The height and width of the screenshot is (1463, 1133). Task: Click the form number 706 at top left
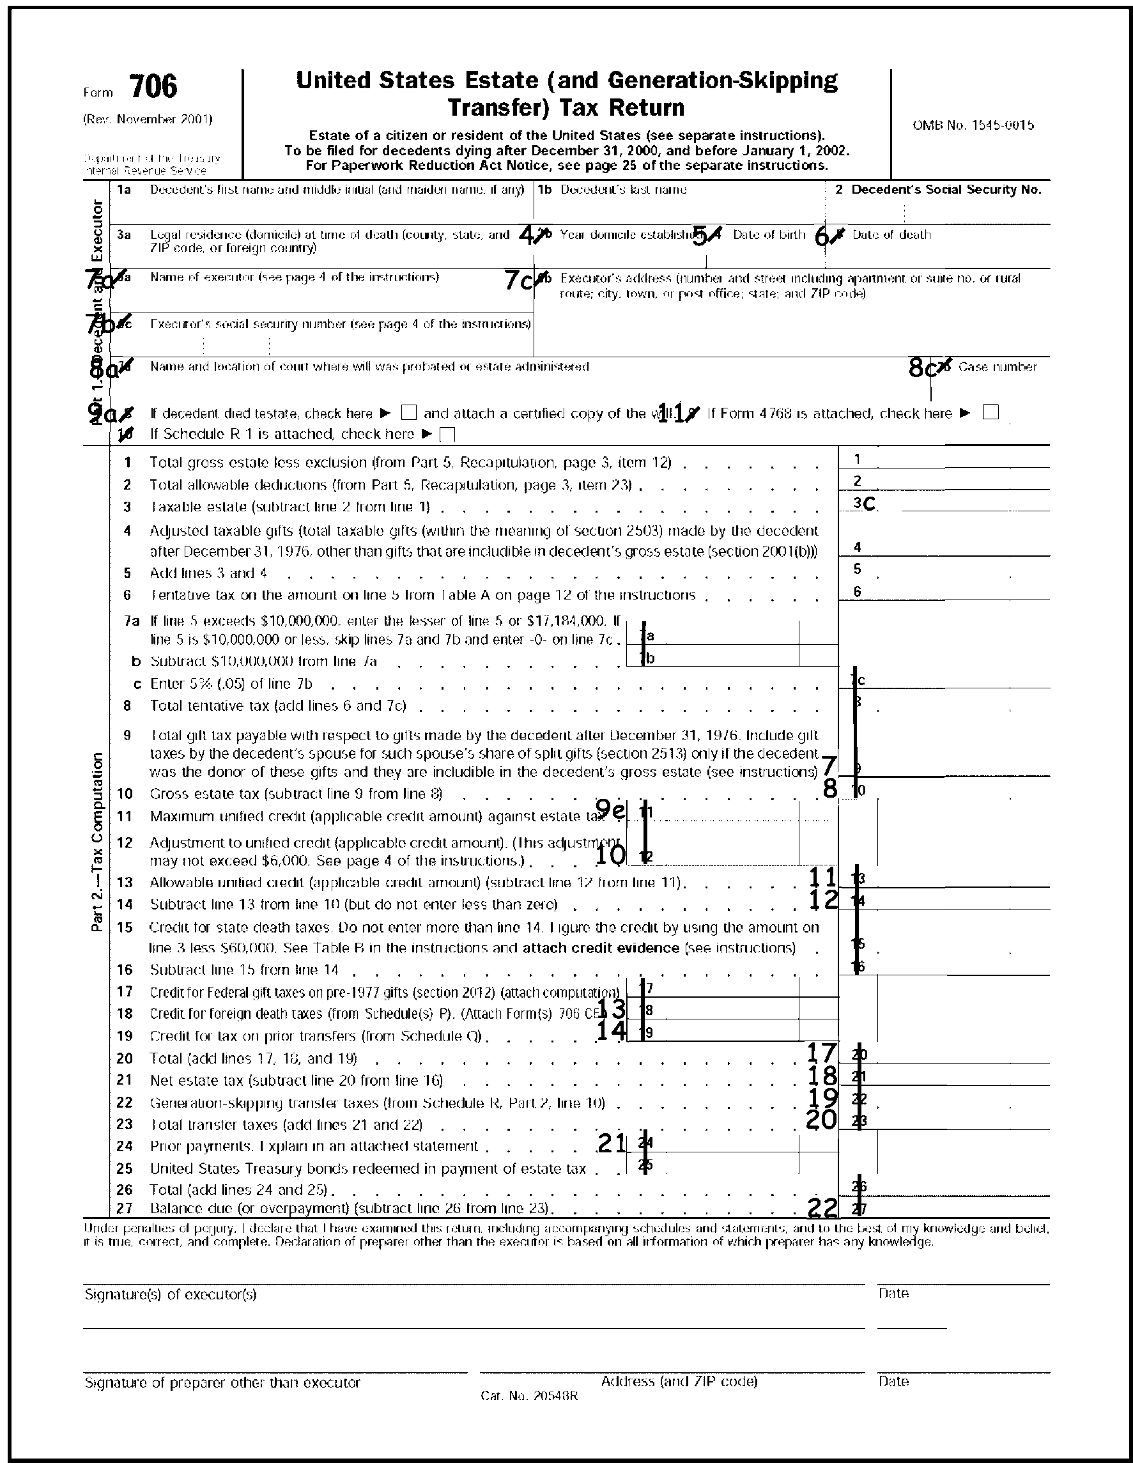(153, 87)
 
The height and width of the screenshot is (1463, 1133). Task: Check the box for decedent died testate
(408, 413)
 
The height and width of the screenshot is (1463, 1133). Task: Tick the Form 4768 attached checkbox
(991, 412)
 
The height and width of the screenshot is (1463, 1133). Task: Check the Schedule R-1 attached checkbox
(448, 434)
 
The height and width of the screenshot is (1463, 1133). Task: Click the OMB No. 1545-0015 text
(973, 125)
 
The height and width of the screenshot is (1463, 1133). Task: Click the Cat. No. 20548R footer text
(529, 1396)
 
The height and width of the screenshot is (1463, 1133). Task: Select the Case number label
(997, 366)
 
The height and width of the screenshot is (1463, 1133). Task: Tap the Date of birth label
(769, 235)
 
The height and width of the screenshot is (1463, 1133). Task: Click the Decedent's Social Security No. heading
(946, 190)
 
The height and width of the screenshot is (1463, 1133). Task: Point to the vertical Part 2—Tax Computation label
(98, 842)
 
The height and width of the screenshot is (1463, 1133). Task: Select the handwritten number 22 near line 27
(822, 1207)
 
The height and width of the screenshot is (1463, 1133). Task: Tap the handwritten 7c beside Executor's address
(519, 281)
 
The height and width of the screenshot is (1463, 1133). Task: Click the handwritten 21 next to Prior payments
(611, 1143)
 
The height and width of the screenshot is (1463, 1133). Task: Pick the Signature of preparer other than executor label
(222, 1382)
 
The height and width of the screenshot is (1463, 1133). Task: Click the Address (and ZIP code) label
(679, 1381)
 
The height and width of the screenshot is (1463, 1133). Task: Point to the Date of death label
(891, 235)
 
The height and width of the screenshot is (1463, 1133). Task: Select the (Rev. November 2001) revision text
(148, 120)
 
